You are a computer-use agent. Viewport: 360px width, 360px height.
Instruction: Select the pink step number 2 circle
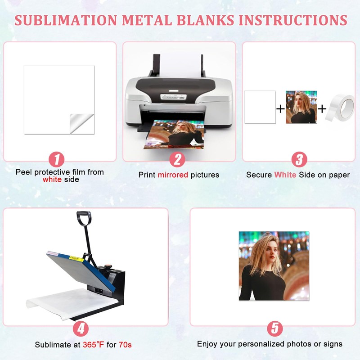[x=178, y=160]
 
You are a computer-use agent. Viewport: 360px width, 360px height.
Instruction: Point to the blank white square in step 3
[x=260, y=107]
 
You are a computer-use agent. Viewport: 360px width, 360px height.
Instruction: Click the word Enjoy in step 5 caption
[x=207, y=344]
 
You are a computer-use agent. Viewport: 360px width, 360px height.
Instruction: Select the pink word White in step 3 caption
[x=285, y=175]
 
